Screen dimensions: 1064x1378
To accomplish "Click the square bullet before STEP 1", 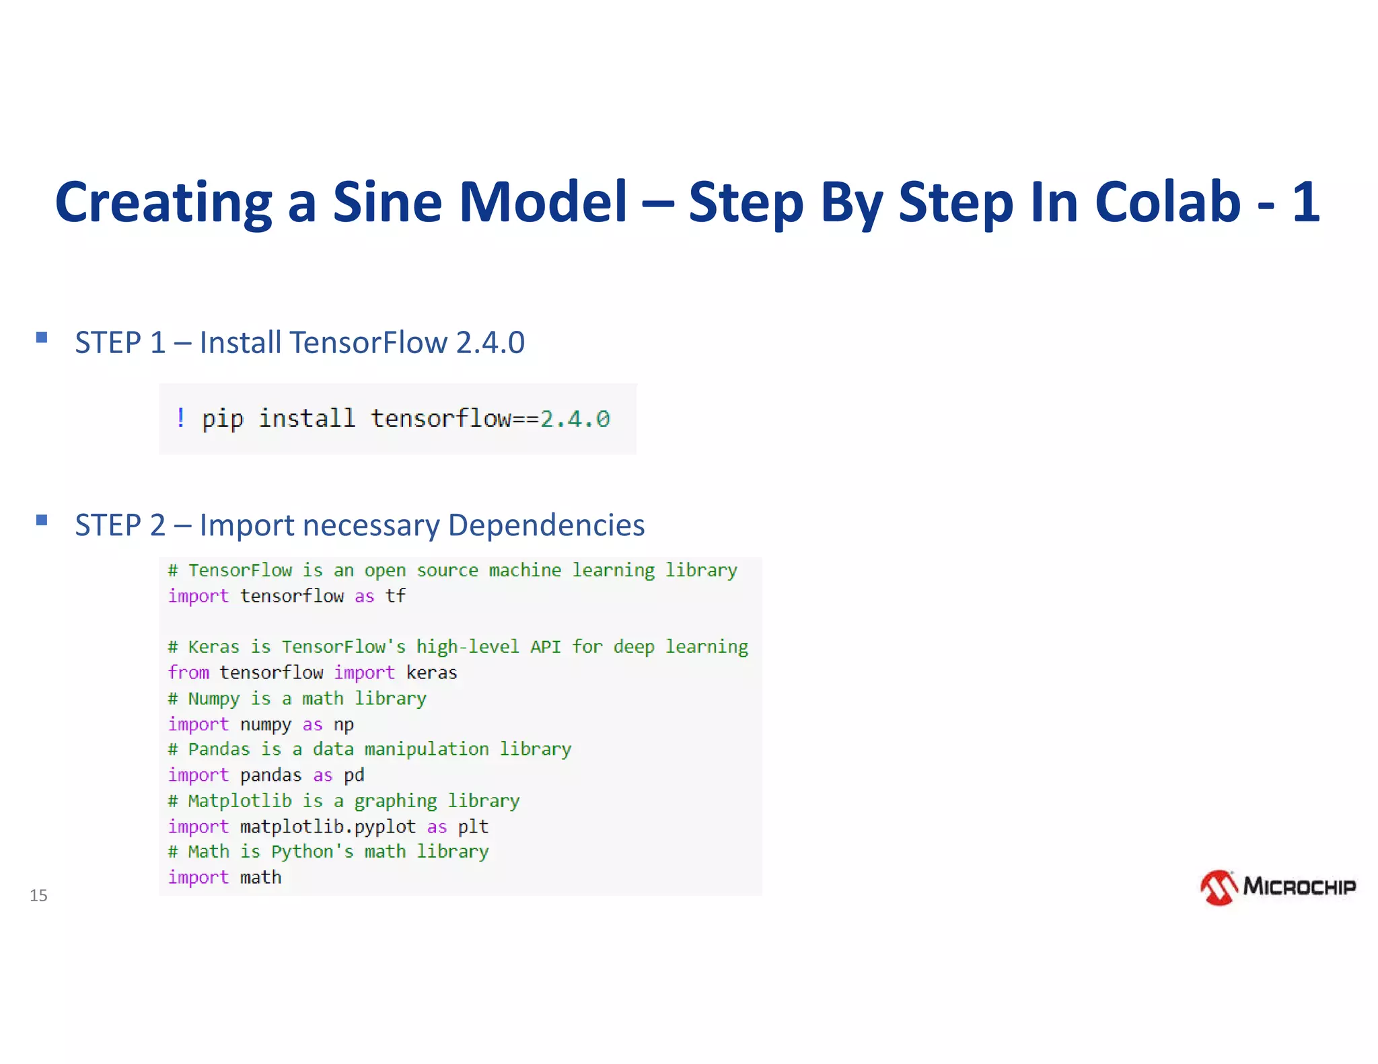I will tap(42, 338).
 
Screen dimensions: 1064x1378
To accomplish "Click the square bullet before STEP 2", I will tap(42, 520).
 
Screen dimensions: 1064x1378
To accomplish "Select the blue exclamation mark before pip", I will tap(180, 418).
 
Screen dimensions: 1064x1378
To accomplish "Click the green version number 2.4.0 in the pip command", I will tap(575, 419).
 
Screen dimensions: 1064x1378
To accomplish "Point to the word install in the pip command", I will tap(307, 418).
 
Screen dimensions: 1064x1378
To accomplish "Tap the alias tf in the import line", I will tap(395, 596).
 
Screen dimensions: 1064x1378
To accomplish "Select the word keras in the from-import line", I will tap(431, 673).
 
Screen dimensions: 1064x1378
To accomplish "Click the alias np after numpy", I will tap(343, 725).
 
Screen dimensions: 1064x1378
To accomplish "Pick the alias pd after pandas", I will tap(354, 775).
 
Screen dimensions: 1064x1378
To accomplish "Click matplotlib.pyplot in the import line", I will tap(328, 827).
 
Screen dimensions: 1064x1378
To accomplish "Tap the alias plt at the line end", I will tap(473, 827).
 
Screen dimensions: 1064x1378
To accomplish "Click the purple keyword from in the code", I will tap(188, 673).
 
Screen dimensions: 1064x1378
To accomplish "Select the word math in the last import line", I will tap(260, 878).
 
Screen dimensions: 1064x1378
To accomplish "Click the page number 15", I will tap(38, 895).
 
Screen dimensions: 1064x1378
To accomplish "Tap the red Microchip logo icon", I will tap(1219, 888).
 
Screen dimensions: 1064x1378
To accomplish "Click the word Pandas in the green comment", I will tap(219, 749).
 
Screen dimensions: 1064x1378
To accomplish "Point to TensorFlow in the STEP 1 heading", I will tap(369, 342).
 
